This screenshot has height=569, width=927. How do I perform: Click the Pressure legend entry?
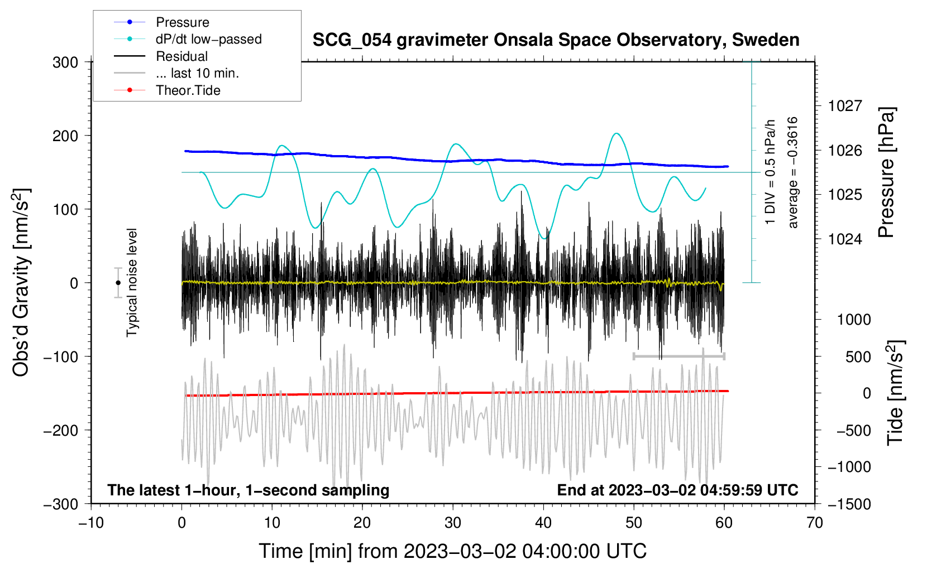click(x=182, y=22)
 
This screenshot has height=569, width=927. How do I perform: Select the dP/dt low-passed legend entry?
click(x=208, y=39)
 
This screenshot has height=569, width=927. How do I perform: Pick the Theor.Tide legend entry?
click(x=188, y=90)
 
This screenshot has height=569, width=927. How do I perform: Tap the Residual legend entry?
click(x=181, y=56)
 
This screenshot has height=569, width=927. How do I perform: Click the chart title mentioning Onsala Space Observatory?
click(x=556, y=40)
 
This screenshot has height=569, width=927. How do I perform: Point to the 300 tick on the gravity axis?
click(x=65, y=62)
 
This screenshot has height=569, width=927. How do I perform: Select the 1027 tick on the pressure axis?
click(x=845, y=106)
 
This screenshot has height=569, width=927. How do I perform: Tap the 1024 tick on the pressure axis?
click(x=845, y=239)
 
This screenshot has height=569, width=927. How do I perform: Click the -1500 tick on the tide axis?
click(x=849, y=504)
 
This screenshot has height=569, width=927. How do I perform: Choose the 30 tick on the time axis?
click(x=453, y=523)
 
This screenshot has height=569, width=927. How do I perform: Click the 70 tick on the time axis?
click(x=815, y=523)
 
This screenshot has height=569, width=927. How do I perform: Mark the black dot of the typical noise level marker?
click(x=118, y=283)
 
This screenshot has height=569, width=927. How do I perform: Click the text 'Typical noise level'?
click(x=132, y=283)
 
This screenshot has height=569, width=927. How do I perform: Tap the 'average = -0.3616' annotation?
click(x=793, y=172)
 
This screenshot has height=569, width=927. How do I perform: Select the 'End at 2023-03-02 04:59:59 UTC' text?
click(x=677, y=490)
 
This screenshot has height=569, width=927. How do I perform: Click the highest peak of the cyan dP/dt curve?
click(x=616, y=133)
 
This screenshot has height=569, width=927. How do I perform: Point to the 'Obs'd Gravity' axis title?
click(x=21, y=283)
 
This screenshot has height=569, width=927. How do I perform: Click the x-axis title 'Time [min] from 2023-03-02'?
click(x=453, y=551)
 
